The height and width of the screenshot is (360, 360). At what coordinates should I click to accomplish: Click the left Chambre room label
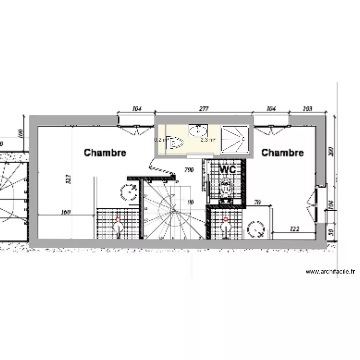(x=105, y=153)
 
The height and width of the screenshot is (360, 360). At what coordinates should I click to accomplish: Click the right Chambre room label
(x=282, y=153)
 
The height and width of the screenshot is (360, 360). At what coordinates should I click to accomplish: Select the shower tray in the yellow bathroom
(x=234, y=140)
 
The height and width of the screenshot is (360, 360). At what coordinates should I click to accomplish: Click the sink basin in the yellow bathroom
(x=198, y=130)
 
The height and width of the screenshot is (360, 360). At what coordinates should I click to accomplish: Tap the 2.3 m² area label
(x=207, y=140)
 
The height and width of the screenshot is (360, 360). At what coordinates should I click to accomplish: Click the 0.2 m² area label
(x=160, y=140)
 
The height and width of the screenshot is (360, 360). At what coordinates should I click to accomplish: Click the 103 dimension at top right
(x=308, y=109)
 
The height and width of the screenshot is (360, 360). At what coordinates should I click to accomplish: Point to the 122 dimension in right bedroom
(x=295, y=229)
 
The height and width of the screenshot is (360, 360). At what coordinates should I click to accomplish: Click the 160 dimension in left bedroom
(x=66, y=212)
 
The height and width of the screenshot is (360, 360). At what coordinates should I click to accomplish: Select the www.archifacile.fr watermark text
(x=330, y=272)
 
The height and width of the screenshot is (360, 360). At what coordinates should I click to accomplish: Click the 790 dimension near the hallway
(x=189, y=169)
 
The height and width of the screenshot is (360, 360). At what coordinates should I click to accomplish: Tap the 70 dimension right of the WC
(x=257, y=203)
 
